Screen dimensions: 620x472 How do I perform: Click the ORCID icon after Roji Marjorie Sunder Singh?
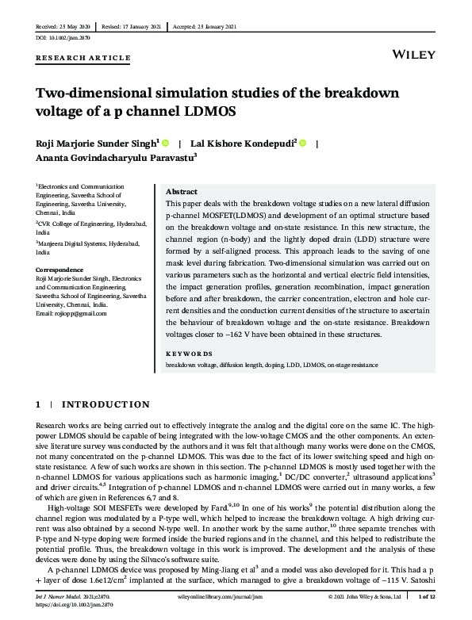click(x=165, y=143)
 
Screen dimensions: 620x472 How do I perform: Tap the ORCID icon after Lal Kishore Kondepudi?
click(x=303, y=143)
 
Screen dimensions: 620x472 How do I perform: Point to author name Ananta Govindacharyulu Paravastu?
click(x=117, y=159)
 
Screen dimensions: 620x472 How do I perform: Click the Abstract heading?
click(x=182, y=193)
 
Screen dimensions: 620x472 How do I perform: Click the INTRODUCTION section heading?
click(x=105, y=405)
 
